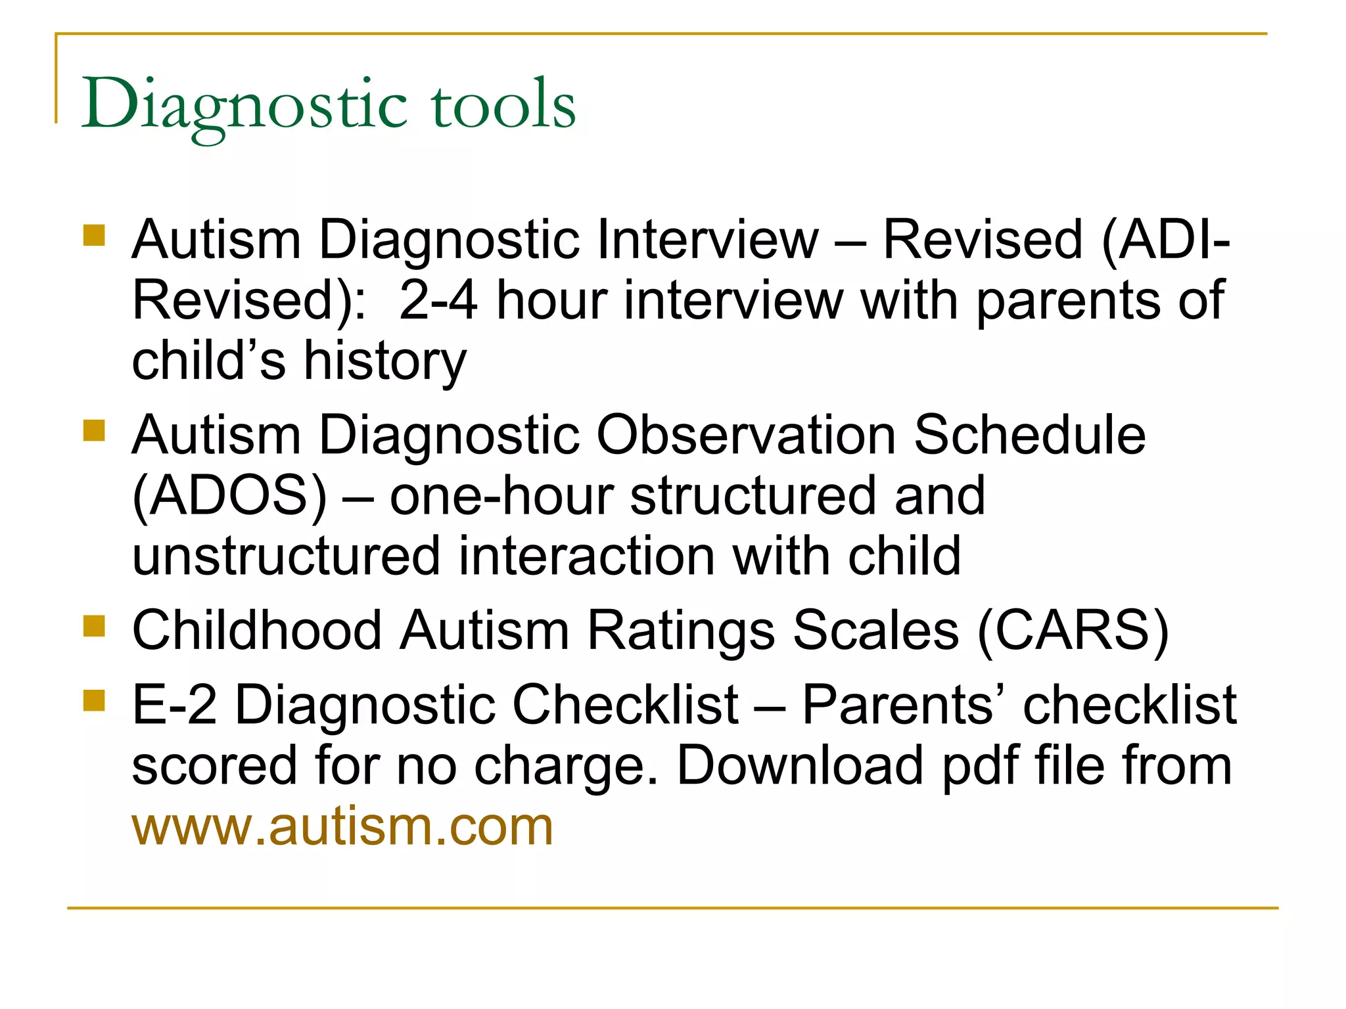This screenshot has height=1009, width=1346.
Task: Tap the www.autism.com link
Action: tap(342, 826)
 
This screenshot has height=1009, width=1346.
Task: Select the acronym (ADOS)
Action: tap(229, 496)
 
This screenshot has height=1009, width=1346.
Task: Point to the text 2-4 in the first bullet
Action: tap(438, 301)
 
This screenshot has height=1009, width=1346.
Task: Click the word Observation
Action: tap(746, 436)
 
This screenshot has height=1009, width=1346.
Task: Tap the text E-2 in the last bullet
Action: tap(174, 705)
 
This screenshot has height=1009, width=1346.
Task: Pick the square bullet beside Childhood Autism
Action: tap(95, 626)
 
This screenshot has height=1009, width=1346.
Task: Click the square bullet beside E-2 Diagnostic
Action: tap(95, 700)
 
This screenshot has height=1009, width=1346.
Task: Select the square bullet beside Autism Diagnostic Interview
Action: tap(95, 235)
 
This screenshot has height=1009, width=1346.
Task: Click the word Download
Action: tap(800, 766)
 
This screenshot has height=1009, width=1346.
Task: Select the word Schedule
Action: tap(1030, 436)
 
